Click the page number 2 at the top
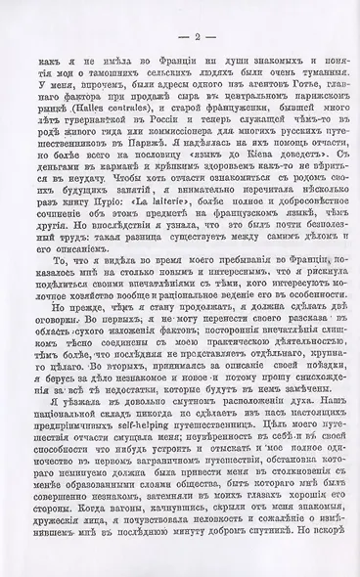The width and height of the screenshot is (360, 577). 180,37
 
